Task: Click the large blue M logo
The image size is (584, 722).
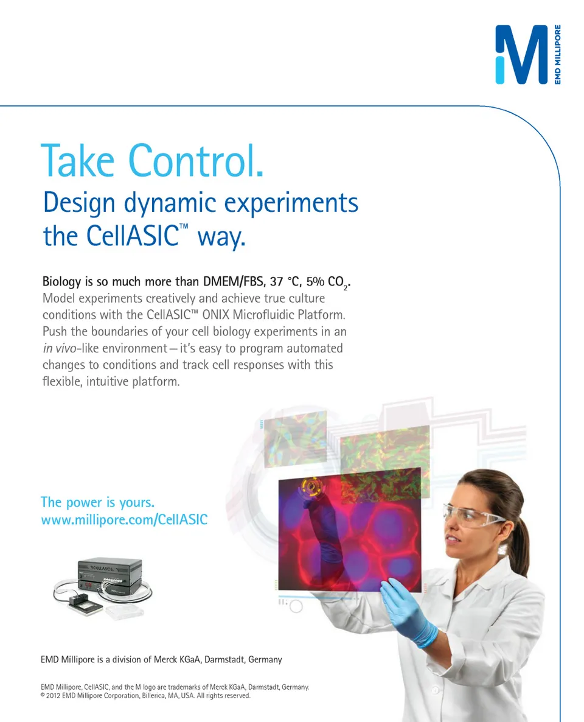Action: click(522, 54)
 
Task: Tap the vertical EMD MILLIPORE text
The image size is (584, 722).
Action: click(558, 54)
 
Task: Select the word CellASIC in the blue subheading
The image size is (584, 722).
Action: click(133, 236)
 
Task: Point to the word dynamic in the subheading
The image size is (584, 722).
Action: click(170, 203)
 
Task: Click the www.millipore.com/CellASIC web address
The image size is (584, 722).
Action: click(124, 520)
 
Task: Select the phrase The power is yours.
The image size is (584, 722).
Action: click(97, 502)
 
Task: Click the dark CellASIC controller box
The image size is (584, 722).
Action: click(109, 575)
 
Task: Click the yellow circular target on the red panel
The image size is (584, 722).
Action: click(311, 486)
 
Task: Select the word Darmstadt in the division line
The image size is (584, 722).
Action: click(224, 660)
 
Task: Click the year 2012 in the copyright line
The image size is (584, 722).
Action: click(53, 696)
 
